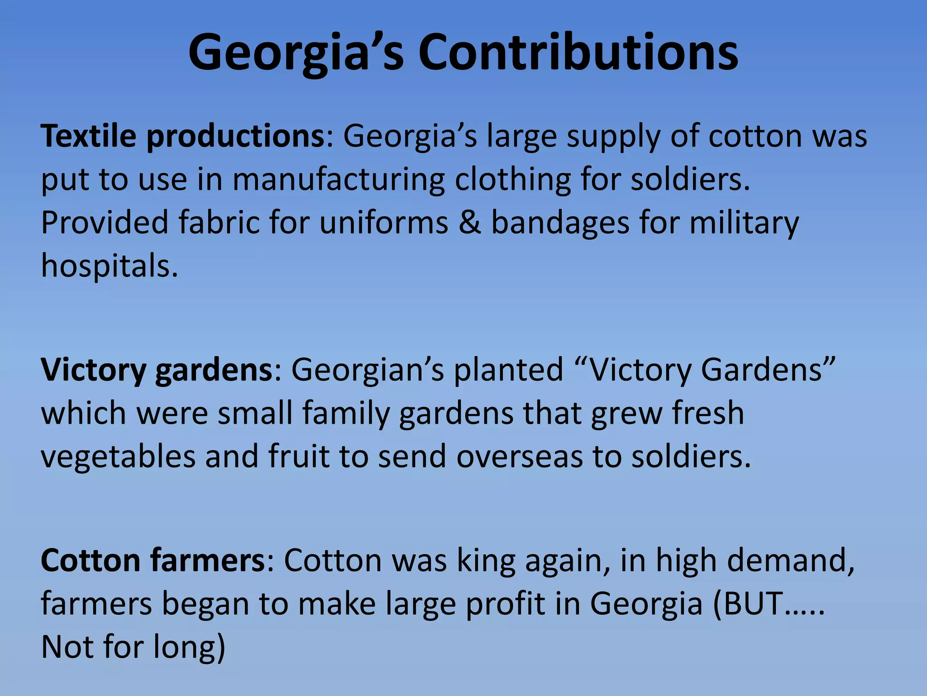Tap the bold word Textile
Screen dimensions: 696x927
[x=88, y=136]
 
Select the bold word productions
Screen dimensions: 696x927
[x=235, y=137]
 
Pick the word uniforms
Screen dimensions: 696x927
[x=384, y=222]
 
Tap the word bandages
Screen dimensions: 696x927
[x=560, y=223]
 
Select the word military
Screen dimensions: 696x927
[x=744, y=223]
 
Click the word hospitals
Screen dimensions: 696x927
[x=109, y=266]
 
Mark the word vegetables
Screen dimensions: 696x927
[x=118, y=457]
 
